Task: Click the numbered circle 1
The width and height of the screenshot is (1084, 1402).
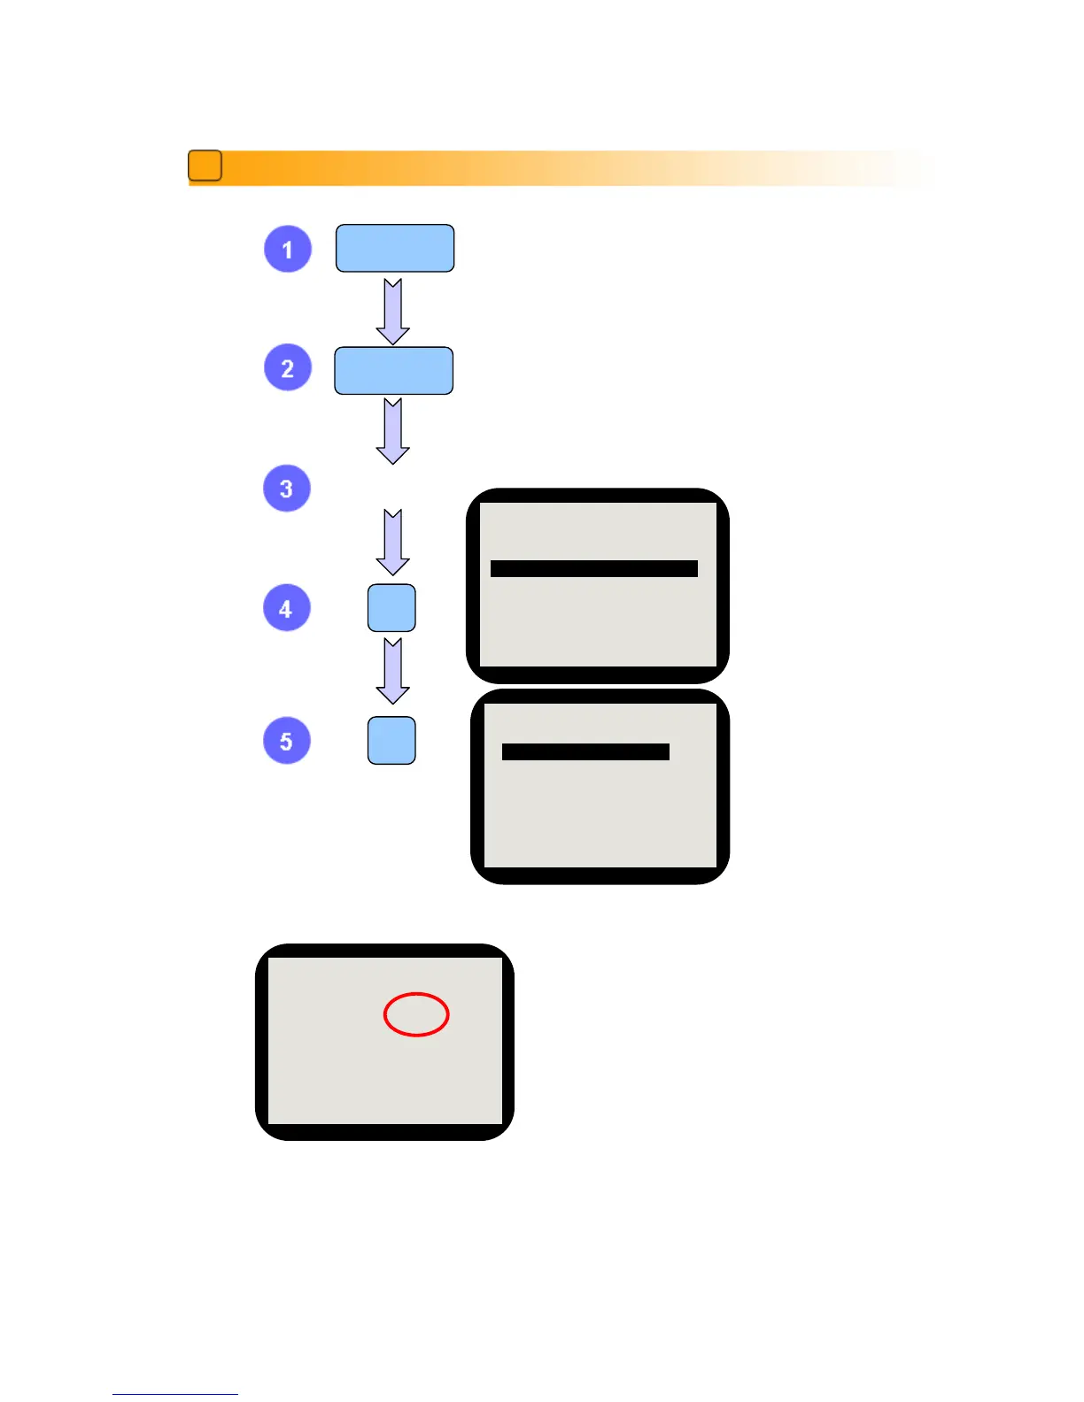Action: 288,249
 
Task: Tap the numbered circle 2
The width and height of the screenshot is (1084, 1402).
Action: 288,368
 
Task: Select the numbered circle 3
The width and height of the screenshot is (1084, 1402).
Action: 287,489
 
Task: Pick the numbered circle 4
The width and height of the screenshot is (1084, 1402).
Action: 287,608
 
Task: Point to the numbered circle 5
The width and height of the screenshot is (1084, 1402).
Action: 287,741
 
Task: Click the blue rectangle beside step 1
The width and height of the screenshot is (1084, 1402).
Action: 395,248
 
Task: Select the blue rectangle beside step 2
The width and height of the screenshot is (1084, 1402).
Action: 394,371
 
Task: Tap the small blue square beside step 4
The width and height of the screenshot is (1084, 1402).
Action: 391,608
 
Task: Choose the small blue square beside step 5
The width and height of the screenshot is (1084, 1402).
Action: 391,741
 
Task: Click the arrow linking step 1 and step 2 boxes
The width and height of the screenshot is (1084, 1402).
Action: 392,312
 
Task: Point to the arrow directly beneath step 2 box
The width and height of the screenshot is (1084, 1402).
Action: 392,431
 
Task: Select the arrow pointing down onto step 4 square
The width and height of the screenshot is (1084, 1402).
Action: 392,542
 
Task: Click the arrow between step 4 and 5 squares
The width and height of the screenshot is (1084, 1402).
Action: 392,671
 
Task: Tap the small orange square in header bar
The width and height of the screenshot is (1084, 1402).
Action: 205,166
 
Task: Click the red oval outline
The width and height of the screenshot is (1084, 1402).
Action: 416,1014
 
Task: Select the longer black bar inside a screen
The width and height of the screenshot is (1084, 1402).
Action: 593,568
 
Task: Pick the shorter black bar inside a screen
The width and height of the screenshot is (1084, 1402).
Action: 585,751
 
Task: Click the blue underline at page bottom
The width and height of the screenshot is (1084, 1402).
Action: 175,1394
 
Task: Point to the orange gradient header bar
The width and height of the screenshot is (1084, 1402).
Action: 567,168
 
